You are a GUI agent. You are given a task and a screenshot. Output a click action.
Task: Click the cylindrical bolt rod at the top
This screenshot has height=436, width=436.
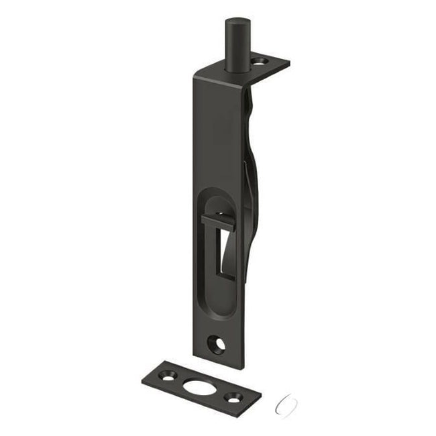coord(234,44)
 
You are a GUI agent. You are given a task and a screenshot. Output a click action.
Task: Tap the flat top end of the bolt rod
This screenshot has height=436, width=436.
coord(234,21)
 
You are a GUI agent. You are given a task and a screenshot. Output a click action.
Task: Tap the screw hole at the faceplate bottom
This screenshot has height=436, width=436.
coord(219,344)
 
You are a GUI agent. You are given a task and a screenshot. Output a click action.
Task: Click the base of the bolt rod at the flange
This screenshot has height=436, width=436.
coord(234,67)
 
